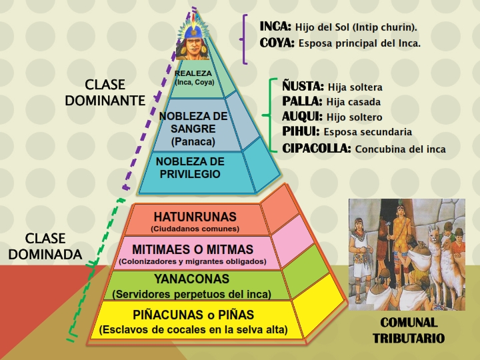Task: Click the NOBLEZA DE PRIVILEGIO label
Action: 189,167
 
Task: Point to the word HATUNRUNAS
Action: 195,217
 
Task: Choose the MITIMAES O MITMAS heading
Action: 193,249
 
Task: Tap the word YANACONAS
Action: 191,279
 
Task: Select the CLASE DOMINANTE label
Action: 105,93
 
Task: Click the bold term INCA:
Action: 275,27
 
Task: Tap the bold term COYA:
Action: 276,43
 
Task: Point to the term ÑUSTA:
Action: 303,87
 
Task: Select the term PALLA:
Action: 303,101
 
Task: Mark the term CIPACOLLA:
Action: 317,148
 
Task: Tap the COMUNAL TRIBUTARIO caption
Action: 408,330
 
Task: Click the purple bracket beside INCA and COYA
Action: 245,39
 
